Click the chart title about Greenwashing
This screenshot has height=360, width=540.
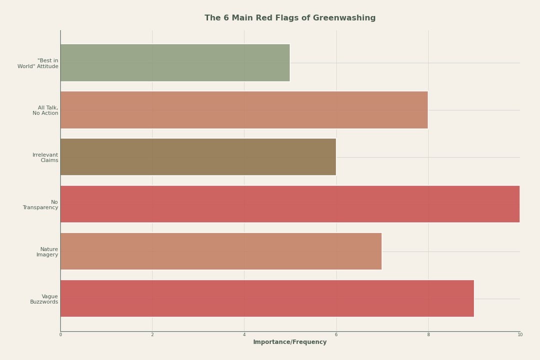click(x=290, y=18)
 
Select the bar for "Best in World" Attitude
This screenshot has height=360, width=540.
click(x=175, y=63)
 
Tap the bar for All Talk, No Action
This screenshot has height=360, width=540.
click(x=244, y=110)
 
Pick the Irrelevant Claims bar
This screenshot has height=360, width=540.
click(x=198, y=157)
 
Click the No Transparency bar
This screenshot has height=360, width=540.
click(x=290, y=204)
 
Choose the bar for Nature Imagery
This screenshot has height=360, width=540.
click(x=221, y=251)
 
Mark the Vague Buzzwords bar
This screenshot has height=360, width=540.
click(x=267, y=298)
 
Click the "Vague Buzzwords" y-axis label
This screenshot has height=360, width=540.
click(x=44, y=299)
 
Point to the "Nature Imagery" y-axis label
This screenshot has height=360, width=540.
click(x=47, y=252)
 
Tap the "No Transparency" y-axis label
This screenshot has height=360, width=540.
click(x=40, y=205)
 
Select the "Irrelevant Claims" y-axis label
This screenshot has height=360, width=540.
click(x=45, y=157)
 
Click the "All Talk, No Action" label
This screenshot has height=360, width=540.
click(x=45, y=110)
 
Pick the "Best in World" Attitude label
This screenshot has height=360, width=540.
click(x=38, y=63)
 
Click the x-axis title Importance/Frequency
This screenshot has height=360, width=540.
click(x=290, y=342)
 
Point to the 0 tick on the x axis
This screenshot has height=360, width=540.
click(x=60, y=334)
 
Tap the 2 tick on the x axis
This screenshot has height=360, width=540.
click(x=152, y=334)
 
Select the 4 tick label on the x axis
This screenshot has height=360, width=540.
click(x=244, y=334)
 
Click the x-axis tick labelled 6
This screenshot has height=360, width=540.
click(x=336, y=334)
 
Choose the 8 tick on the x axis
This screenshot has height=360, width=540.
click(x=428, y=334)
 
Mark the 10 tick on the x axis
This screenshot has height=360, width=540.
click(x=520, y=334)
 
